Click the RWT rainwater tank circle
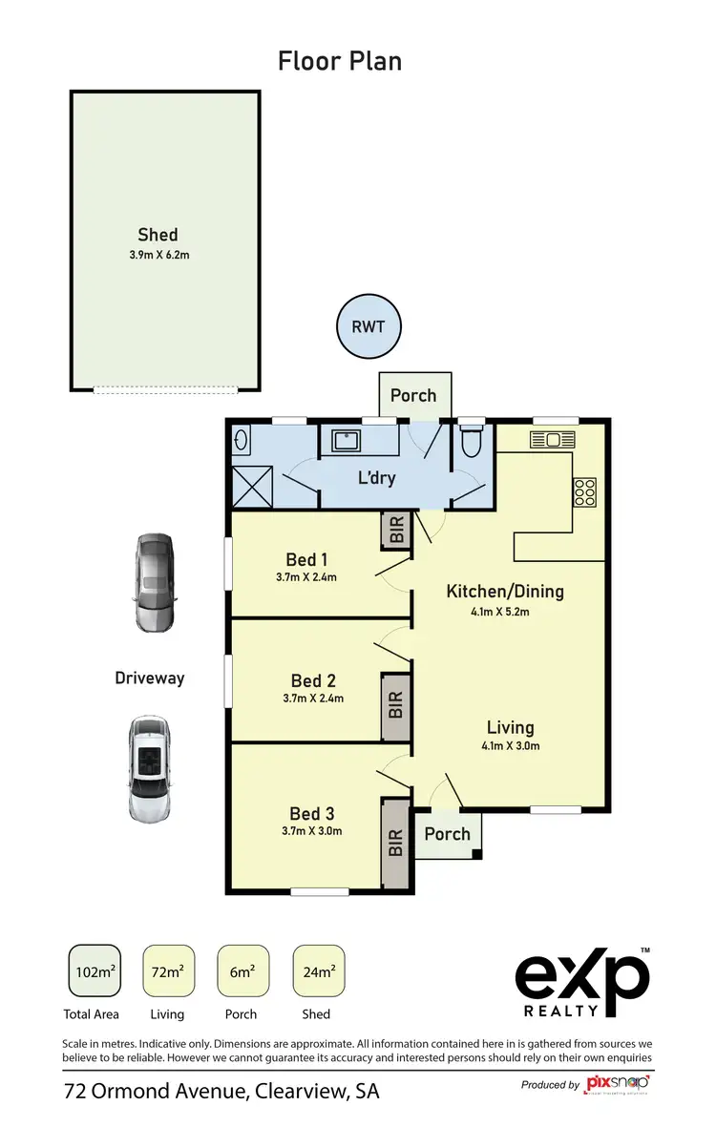coord(369,327)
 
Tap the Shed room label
coord(158,235)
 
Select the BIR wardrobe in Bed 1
coord(396,531)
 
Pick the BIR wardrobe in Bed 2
coord(396,706)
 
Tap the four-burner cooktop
coord(583,491)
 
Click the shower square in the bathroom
coord(252,488)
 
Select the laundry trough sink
coord(346,441)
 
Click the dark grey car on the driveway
coord(155,582)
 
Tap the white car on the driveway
coord(151,768)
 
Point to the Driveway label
coord(149,678)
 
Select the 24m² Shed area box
coord(318,972)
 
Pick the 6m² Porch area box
coord(243,972)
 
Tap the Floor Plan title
coord(340,62)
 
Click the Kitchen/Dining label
coord(505,592)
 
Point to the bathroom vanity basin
coord(241,441)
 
